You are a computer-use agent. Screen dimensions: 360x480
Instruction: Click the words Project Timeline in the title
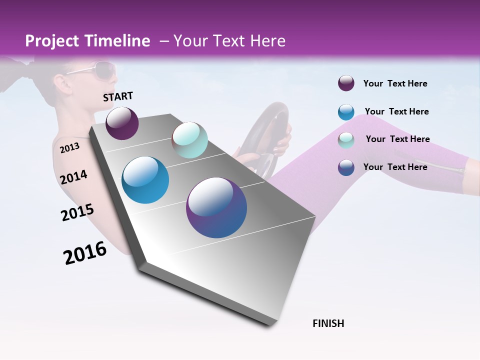coord(87,41)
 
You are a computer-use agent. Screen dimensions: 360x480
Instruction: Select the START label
coord(118,96)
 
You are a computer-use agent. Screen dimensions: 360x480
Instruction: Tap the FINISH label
coord(328,323)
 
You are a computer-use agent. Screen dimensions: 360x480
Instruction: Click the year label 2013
coord(69,147)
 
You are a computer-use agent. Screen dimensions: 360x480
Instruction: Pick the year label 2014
coord(73,177)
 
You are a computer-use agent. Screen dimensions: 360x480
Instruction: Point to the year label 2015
coord(77,212)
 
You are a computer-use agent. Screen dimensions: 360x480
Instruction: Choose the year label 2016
coord(85,253)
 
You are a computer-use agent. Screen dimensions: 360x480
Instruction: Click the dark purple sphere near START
coord(122,123)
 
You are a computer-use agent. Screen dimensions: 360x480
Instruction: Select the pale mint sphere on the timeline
coord(189,140)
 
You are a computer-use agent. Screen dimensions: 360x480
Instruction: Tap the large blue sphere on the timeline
coord(145,180)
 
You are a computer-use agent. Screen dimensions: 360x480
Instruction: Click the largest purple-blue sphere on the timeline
coord(216,207)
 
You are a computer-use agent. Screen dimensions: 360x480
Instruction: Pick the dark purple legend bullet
coord(346,83)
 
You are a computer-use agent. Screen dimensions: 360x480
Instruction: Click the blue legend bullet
coord(346,112)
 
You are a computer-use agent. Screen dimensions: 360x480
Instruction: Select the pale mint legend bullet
coord(346,140)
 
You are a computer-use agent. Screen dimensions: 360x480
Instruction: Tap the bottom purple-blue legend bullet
coord(346,167)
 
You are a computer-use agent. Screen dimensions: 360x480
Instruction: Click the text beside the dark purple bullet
coord(395,83)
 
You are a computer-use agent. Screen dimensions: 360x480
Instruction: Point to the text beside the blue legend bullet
coord(396,111)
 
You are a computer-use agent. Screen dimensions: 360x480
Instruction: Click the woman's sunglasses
coord(95,70)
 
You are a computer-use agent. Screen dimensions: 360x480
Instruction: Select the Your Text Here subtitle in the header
coord(222,41)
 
